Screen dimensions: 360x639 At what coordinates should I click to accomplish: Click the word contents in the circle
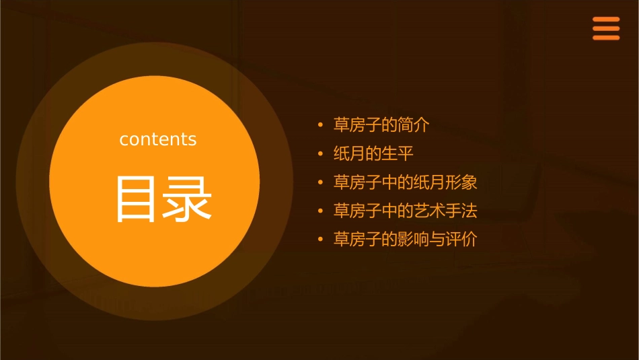click(158, 139)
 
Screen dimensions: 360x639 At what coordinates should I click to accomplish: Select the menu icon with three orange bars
click(606, 29)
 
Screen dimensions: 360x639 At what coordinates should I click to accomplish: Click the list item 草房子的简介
click(381, 125)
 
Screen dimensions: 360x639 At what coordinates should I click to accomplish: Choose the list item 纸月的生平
click(373, 154)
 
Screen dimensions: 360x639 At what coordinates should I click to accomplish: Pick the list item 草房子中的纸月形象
click(405, 182)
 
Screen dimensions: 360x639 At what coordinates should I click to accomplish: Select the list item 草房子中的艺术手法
click(405, 211)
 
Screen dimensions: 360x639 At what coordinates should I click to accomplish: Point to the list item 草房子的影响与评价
click(405, 240)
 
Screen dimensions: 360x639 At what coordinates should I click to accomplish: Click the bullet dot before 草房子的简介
click(320, 126)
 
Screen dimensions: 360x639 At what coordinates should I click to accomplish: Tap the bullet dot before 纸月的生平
click(320, 155)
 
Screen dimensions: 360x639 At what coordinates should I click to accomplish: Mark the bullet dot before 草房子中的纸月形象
click(320, 183)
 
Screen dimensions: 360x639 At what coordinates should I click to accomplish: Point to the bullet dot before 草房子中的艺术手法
click(320, 212)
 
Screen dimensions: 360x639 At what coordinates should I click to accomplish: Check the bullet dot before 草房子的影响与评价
click(320, 240)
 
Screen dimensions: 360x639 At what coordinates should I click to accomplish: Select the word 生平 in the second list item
click(397, 154)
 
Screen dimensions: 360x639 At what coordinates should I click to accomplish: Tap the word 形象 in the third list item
click(461, 182)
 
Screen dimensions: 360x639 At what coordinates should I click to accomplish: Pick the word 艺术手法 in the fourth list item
click(445, 211)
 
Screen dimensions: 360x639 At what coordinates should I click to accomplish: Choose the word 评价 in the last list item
click(461, 240)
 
